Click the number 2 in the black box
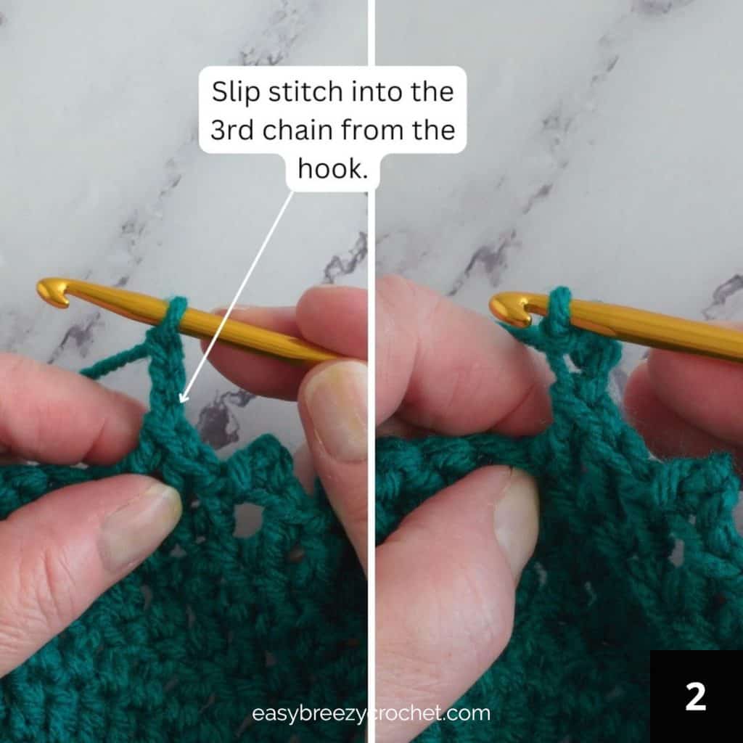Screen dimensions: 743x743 point(696,697)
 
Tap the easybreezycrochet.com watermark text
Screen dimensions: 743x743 point(371,713)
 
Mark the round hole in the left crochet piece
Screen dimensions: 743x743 point(247,518)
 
